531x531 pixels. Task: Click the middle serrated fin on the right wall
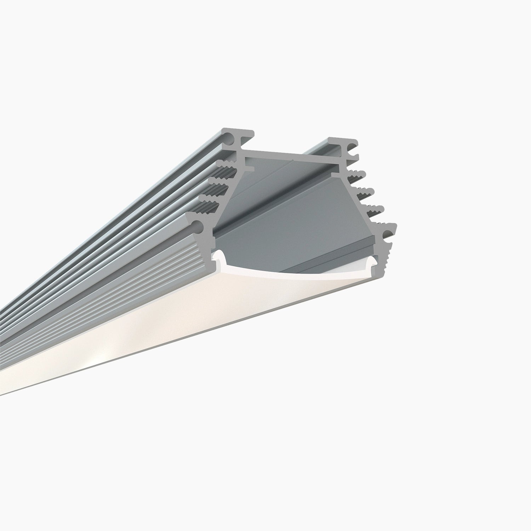(365, 192)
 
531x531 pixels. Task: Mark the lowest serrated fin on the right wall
(373, 210)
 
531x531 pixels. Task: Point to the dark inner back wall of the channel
(290, 212)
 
